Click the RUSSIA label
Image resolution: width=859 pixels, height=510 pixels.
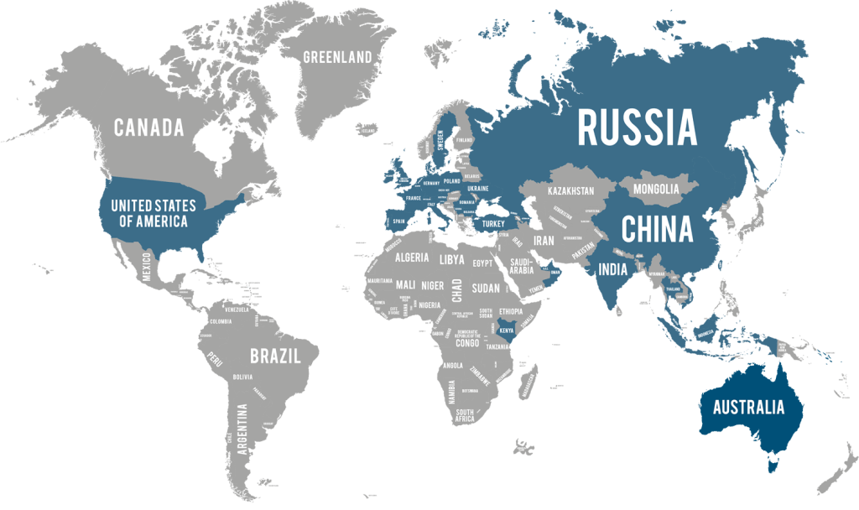coord(638,128)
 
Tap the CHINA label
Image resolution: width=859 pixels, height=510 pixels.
coord(657,229)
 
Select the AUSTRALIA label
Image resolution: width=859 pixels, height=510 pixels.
coord(748,409)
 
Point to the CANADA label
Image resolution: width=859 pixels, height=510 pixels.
coord(148,127)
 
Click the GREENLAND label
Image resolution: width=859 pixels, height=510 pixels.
coord(337,58)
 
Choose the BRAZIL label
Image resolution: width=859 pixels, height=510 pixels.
coord(275,356)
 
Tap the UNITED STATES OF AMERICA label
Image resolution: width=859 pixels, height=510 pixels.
coord(153,214)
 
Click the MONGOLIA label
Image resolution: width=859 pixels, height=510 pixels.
coord(656,190)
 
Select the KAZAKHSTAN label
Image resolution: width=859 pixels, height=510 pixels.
coord(570,192)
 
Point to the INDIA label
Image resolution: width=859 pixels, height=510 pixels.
coord(612,270)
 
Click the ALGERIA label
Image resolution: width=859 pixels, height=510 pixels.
coord(411,258)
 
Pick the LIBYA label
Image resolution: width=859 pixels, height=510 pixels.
coord(451,260)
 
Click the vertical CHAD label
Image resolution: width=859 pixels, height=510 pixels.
coord(457,290)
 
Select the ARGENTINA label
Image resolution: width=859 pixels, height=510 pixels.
coord(242,429)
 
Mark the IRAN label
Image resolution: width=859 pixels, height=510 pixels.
coord(544,240)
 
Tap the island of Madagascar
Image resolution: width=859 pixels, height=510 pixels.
coord(528,384)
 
